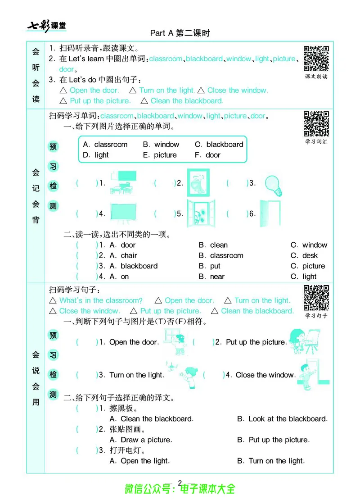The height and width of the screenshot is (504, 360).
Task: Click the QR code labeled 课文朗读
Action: (x=316, y=58)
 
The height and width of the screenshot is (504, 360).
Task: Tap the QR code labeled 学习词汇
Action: (x=316, y=124)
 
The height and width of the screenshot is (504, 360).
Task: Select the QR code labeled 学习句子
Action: (x=316, y=298)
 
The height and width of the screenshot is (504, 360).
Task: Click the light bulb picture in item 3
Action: (x=273, y=184)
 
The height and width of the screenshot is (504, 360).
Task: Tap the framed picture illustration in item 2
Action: (x=198, y=183)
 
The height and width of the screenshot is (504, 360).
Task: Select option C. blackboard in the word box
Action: (x=219, y=145)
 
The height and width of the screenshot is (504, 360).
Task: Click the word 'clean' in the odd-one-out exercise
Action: (x=219, y=245)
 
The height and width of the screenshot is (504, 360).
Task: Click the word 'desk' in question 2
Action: (x=310, y=255)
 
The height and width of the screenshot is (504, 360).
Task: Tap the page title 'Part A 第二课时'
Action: (x=180, y=33)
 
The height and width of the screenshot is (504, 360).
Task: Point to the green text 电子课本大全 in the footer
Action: (x=207, y=489)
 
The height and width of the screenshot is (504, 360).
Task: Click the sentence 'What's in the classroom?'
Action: (x=101, y=300)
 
